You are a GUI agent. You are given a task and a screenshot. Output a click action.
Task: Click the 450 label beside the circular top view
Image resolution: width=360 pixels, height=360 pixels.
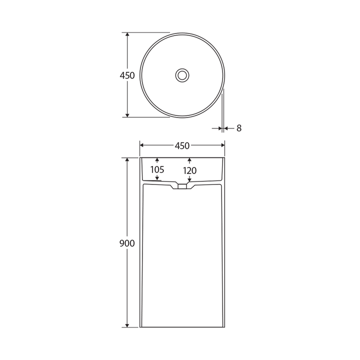point(127,75)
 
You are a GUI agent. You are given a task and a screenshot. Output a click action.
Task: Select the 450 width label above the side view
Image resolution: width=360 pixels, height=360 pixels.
point(182,146)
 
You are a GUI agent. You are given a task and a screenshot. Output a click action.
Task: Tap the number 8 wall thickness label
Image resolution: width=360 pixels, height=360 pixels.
point(239,128)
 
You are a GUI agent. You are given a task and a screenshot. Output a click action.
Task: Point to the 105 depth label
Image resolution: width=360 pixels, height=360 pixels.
point(157,170)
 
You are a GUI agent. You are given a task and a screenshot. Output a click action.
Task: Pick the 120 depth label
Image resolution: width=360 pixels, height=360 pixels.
point(189,171)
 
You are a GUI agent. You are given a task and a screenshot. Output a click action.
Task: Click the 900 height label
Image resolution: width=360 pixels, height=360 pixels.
point(127,243)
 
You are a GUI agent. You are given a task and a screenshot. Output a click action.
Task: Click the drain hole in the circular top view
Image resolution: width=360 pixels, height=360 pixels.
point(182,75)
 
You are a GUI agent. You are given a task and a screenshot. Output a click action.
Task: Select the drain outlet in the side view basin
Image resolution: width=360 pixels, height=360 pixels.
point(182,187)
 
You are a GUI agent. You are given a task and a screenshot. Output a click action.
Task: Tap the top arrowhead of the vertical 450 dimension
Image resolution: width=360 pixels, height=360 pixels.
point(127,35)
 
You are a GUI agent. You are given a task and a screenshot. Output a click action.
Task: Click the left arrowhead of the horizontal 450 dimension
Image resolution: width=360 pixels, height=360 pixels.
point(142,145)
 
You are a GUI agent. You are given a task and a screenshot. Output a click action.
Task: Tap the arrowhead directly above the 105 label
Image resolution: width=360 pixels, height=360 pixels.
point(157,160)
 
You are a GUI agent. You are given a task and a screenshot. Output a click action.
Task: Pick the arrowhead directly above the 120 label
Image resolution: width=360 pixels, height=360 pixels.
point(189,160)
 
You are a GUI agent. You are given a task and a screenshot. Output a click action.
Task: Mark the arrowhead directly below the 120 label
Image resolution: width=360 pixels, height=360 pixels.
point(189,179)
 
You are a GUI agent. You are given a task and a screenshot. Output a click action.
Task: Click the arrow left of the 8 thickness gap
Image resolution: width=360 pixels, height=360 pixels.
point(219,128)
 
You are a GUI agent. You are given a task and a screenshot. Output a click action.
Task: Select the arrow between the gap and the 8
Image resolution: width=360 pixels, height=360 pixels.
point(226,128)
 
